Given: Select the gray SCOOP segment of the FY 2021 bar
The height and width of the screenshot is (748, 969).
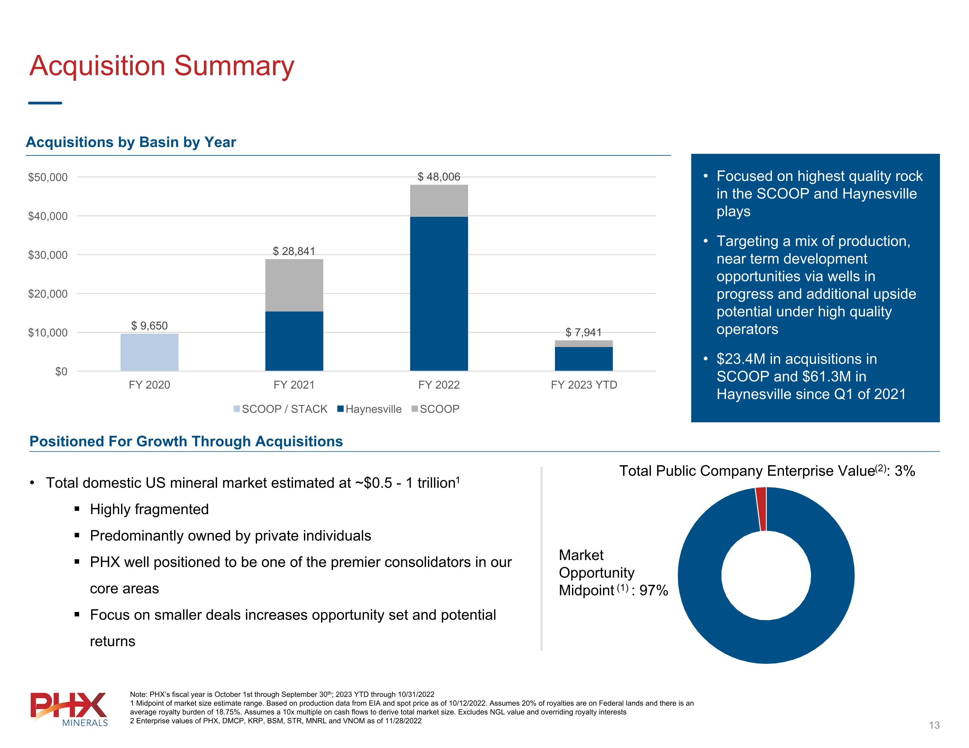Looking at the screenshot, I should point(294,285).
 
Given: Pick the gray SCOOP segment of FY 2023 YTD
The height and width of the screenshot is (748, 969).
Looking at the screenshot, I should point(583,343).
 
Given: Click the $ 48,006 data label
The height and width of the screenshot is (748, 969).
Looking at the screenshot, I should point(439,177).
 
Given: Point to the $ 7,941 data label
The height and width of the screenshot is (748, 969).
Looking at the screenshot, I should point(583,332).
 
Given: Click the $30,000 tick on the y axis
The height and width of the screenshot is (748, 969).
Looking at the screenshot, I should point(48,255).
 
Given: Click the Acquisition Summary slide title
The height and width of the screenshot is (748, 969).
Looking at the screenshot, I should point(161,66).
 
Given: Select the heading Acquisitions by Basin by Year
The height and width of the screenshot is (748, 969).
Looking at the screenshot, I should point(131,142).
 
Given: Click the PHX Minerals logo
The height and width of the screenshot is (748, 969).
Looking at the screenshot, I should point(69,709).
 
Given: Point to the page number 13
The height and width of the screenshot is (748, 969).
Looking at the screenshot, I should point(934,725).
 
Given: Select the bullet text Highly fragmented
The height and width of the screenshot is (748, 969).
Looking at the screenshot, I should point(149,509).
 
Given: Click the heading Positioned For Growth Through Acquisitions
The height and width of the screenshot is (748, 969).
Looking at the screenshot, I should point(186,441).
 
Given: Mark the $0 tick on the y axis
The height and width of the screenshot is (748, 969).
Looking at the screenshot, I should point(61,372).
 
